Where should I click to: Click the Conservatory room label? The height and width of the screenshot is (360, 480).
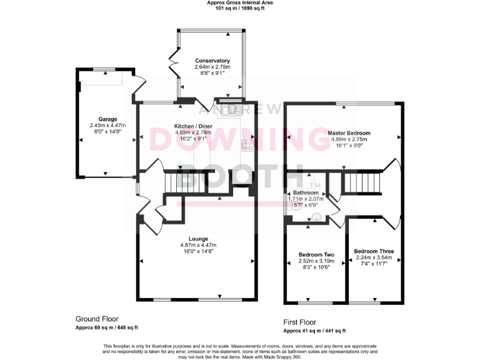(212, 61)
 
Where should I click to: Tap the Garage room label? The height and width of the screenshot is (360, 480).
(107, 119)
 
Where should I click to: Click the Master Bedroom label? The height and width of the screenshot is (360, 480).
(349, 133)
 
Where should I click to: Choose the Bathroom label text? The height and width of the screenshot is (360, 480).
(306, 192)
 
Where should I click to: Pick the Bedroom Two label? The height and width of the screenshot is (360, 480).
(316, 254)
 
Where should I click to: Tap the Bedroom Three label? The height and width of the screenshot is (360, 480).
(373, 251)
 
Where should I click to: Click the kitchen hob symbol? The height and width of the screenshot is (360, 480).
(247, 146)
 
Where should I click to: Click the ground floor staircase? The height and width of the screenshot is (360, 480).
(175, 183)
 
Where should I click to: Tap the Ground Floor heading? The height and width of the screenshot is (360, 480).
(97, 318)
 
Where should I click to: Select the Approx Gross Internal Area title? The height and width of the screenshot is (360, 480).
(239, 3)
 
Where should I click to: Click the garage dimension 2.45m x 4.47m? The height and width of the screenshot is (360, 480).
(107, 126)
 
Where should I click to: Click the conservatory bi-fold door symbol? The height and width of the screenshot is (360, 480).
(174, 64)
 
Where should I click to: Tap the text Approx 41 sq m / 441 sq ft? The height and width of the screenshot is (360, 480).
(314, 331)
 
